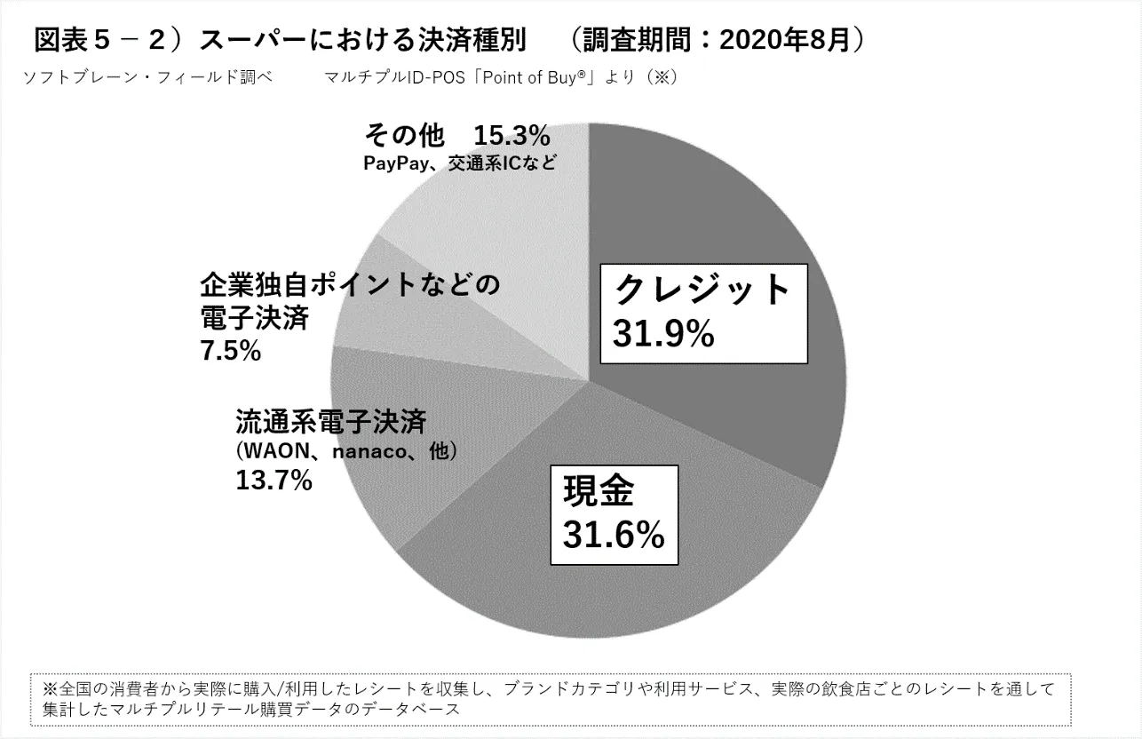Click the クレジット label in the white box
point(702,290)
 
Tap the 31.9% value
point(663,334)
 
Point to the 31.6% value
point(614,535)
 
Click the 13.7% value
point(274,481)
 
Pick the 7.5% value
point(231,352)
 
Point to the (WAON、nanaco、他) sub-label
point(346,451)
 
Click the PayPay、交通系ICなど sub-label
point(460,163)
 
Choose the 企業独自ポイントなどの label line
point(350,286)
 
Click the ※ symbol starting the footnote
point(49,689)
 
